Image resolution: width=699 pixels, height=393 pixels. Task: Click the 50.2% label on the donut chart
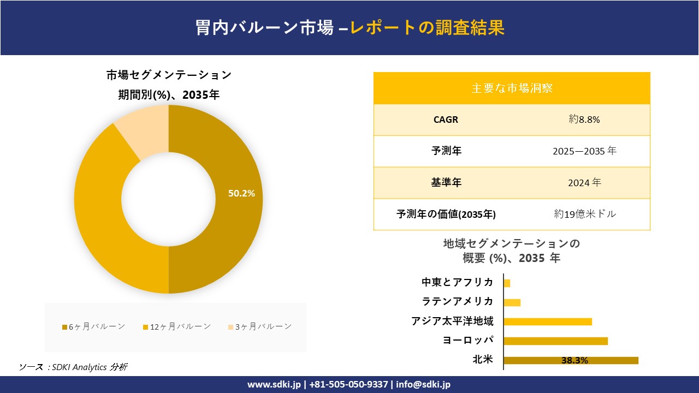pyautogui.click(x=241, y=193)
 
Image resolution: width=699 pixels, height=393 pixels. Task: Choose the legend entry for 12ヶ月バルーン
pyautogui.click(x=177, y=326)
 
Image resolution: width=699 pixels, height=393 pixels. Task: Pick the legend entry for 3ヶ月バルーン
pyautogui.click(x=259, y=326)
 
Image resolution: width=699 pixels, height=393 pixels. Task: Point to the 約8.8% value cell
pyautogui.click(x=584, y=120)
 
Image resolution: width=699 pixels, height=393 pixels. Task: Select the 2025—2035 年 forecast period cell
pyautogui.click(x=584, y=151)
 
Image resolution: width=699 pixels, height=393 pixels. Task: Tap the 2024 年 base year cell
pyautogui.click(x=584, y=183)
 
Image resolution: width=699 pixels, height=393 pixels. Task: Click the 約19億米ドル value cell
pyautogui.click(x=584, y=215)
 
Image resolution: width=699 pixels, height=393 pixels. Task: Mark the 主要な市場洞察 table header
pyautogui.click(x=512, y=88)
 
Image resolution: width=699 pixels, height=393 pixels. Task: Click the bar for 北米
pyautogui.click(x=571, y=360)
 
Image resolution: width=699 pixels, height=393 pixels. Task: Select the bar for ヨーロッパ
pyautogui.click(x=555, y=341)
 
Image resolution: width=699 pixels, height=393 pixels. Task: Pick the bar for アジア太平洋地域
pyautogui.click(x=548, y=321)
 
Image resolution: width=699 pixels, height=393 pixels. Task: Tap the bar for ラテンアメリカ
pyautogui.click(x=512, y=302)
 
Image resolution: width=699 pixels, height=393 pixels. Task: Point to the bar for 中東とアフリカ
pyautogui.click(x=507, y=283)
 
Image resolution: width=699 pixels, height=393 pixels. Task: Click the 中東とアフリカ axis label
pyautogui.click(x=458, y=282)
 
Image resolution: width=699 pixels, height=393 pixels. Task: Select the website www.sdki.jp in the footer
pyautogui.click(x=274, y=384)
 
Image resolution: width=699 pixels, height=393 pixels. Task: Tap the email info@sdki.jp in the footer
pyautogui.click(x=423, y=384)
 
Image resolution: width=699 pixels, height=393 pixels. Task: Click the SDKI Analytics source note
pyautogui.click(x=74, y=367)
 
